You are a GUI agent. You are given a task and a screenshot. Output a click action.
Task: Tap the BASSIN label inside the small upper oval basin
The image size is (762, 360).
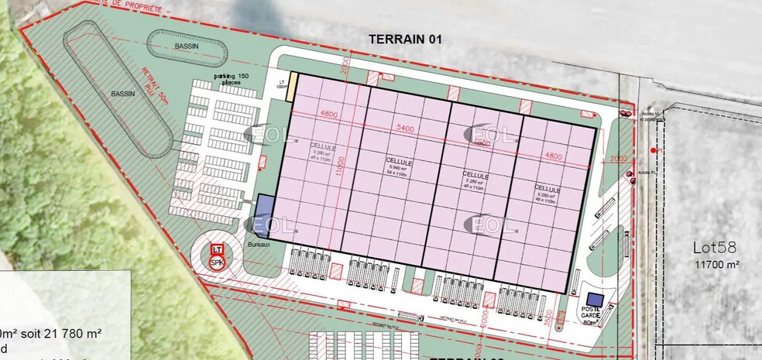point(185,47)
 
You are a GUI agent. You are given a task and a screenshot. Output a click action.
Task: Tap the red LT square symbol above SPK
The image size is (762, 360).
point(218,251)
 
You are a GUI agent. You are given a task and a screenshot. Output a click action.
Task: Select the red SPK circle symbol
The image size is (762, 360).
point(218,263)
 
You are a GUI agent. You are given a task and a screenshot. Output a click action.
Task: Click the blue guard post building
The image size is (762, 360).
point(594,300)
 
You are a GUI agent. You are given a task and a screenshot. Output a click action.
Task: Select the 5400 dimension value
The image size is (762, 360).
point(405,127)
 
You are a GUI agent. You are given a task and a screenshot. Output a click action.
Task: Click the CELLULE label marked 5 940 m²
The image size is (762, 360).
point(400,163)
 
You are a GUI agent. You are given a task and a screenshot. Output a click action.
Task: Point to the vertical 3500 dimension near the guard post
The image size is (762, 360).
point(548,318)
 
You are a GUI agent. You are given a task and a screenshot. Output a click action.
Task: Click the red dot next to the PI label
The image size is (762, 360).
point(654,149)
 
